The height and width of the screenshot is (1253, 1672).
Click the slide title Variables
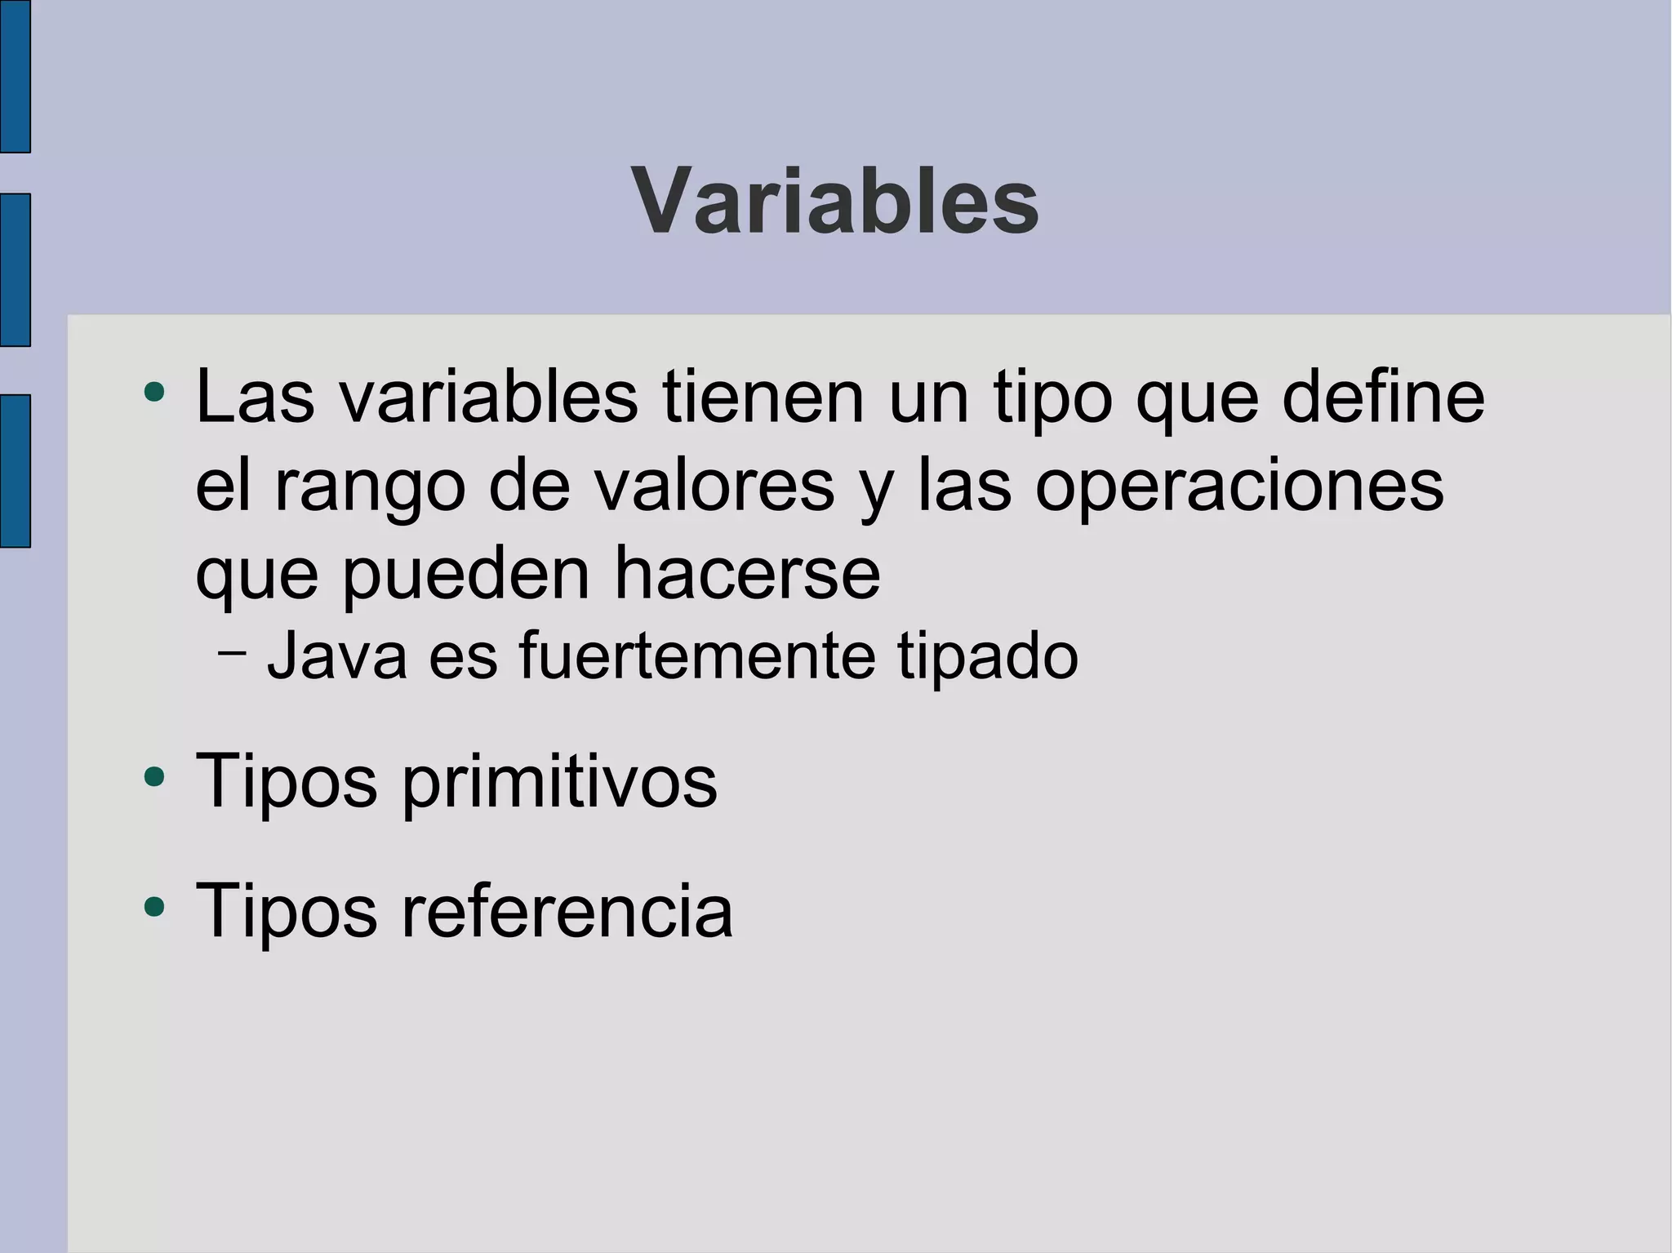(835, 201)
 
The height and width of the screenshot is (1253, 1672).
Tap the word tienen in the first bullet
(763, 398)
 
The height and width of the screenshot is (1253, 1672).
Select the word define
(1383, 398)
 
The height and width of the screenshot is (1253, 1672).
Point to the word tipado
(988, 658)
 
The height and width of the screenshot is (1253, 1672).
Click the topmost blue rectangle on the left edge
(15, 76)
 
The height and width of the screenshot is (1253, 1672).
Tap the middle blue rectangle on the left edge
(15, 270)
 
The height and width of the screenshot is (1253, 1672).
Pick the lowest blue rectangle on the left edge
(15, 471)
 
